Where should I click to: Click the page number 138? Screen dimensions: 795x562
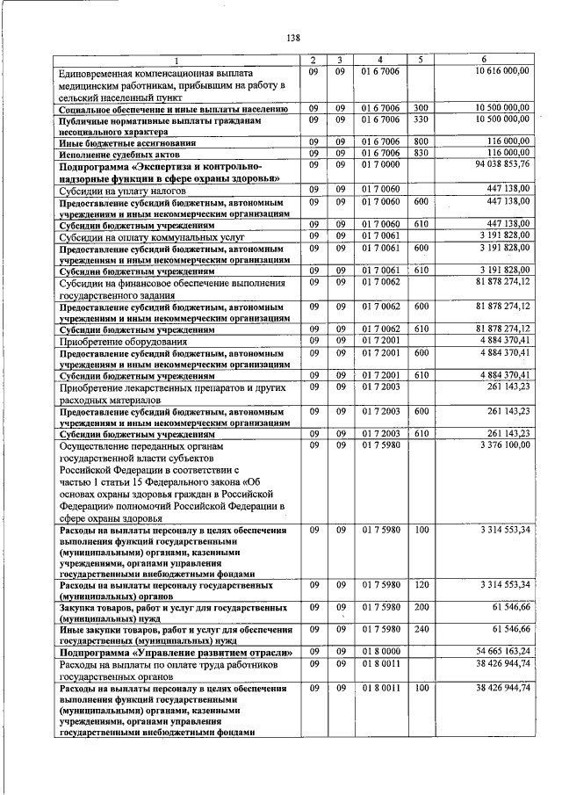point(293,37)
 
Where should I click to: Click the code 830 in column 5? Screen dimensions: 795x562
point(421,153)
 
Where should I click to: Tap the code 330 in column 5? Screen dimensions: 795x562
point(421,119)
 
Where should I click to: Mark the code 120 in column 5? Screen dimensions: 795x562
point(421,584)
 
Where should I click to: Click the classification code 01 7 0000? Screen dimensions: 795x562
point(379,164)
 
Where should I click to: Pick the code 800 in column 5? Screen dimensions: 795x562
point(421,141)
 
